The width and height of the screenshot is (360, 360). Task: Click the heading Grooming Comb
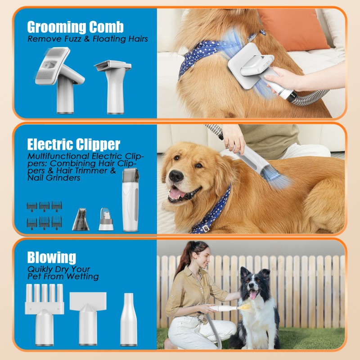tap(75, 27)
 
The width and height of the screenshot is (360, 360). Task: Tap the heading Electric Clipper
tap(74, 144)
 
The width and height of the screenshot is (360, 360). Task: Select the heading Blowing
tap(51, 258)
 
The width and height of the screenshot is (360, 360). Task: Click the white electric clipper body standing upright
tap(130, 200)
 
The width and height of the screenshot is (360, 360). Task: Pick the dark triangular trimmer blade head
tap(81, 219)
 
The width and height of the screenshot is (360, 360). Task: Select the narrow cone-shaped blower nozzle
tap(128, 319)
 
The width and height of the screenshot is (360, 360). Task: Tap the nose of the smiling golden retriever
tap(176, 176)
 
